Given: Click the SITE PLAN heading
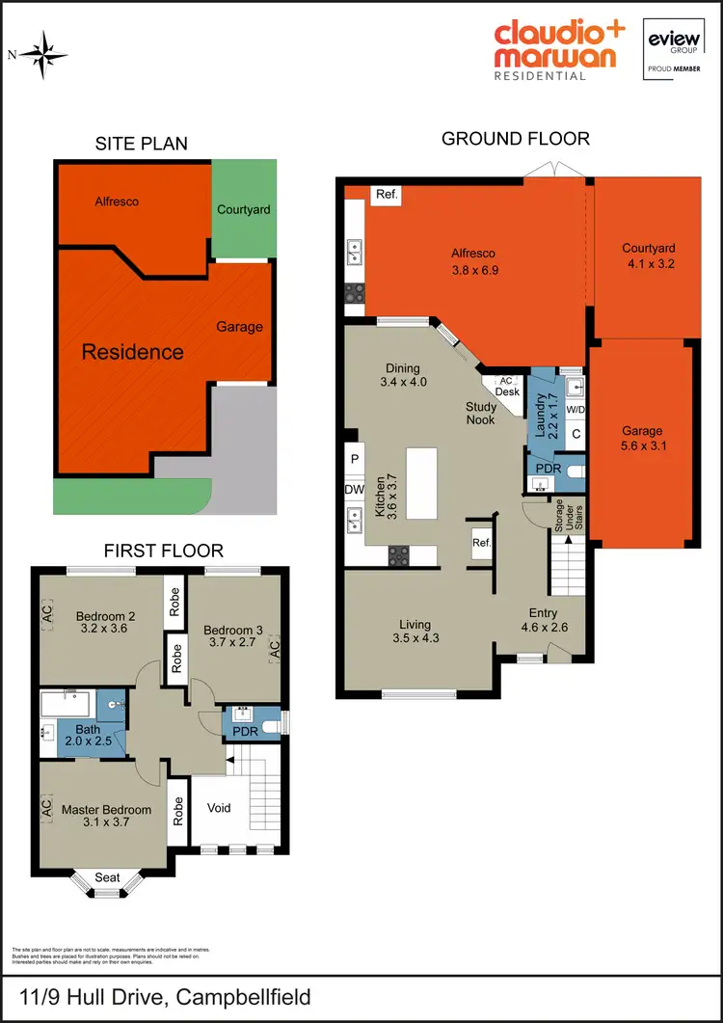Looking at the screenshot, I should (141, 144).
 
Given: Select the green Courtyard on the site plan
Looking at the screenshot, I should (243, 209).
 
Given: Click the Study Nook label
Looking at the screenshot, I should (481, 414).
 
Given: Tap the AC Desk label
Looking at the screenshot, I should (507, 387).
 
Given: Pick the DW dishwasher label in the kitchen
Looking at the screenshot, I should (354, 490).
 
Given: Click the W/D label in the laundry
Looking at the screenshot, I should (576, 410).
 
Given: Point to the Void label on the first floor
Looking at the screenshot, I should (219, 808).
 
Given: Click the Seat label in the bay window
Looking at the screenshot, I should (108, 877).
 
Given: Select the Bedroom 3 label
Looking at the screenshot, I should (231, 631).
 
